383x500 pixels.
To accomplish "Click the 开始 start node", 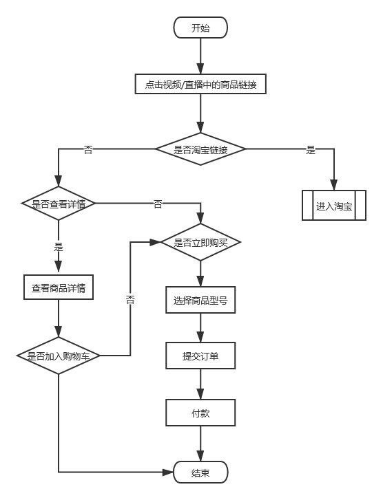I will [x=200, y=28].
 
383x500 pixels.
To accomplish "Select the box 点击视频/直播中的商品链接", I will [x=200, y=85].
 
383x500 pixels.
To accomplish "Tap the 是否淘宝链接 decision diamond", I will [x=200, y=150].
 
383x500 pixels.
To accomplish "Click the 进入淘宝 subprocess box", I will [x=334, y=206].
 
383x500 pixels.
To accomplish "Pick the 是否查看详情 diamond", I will [x=58, y=204].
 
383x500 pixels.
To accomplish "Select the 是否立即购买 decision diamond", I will [x=200, y=242].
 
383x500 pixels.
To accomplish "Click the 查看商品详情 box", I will [x=59, y=287].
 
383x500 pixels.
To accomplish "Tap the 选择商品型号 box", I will [x=200, y=301].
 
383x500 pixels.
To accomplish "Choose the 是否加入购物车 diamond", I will [x=59, y=356].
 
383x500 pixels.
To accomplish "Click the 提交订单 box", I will [x=200, y=356].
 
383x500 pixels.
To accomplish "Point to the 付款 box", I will [x=200, y=413].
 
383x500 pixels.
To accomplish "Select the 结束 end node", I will [x=200, y=472].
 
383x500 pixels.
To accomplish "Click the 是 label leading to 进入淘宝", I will [x=310, y=150].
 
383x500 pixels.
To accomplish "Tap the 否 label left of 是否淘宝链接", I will [x=87, y=150].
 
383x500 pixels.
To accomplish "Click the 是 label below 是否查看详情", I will [x=59, y=246].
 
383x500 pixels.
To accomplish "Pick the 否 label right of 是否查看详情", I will [x=158, y=204].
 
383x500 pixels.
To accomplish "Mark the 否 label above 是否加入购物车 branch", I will [x=130, y=298].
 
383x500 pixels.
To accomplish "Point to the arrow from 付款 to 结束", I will [x=200, y=444].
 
